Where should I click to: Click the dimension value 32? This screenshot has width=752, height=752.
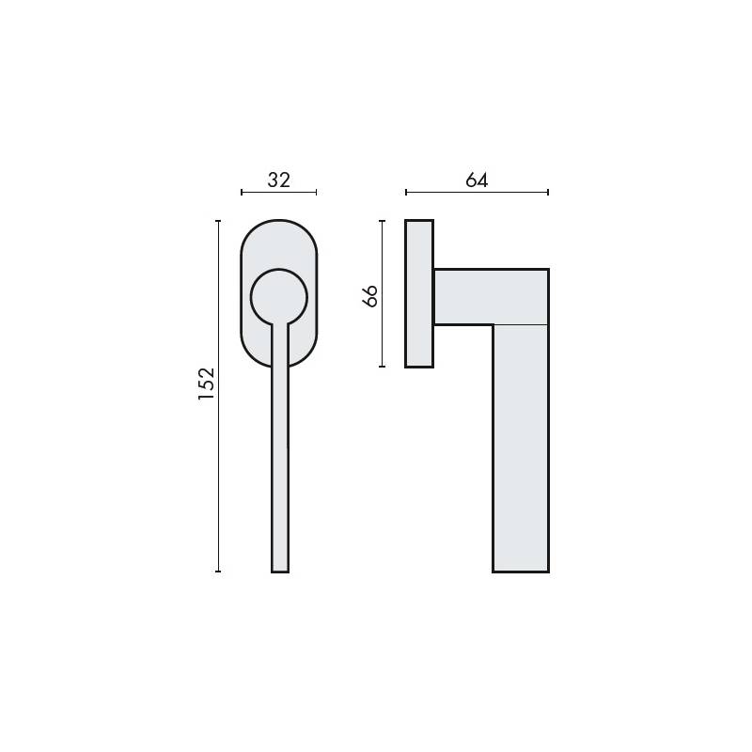coord(279,180)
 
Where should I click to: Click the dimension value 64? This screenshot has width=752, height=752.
coord(477,180)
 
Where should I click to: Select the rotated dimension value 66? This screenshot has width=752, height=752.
coord(369,295)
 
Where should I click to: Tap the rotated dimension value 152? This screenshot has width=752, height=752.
coord(207,384)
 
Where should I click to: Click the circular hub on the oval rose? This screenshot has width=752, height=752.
coord(279,296)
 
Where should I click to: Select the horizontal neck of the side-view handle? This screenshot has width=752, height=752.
coord(489,296)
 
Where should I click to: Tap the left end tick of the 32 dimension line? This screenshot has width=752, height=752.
coord(242,192)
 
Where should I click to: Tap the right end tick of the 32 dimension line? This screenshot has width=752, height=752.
coord(317,192)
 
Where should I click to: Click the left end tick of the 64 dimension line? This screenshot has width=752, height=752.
coord(406,192)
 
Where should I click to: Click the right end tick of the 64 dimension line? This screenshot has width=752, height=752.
coord(548,192)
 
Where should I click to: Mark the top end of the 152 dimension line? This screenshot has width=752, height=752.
coord(218,221)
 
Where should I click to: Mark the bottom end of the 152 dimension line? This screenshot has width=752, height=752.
coord(218,571)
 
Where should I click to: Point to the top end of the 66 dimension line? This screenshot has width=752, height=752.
coord(382,221)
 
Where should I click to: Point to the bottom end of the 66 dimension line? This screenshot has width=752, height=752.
coord(382,367)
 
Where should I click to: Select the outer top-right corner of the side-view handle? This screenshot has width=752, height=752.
coord(547,270)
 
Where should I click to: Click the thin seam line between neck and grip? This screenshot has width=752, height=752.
coord(520,324)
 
